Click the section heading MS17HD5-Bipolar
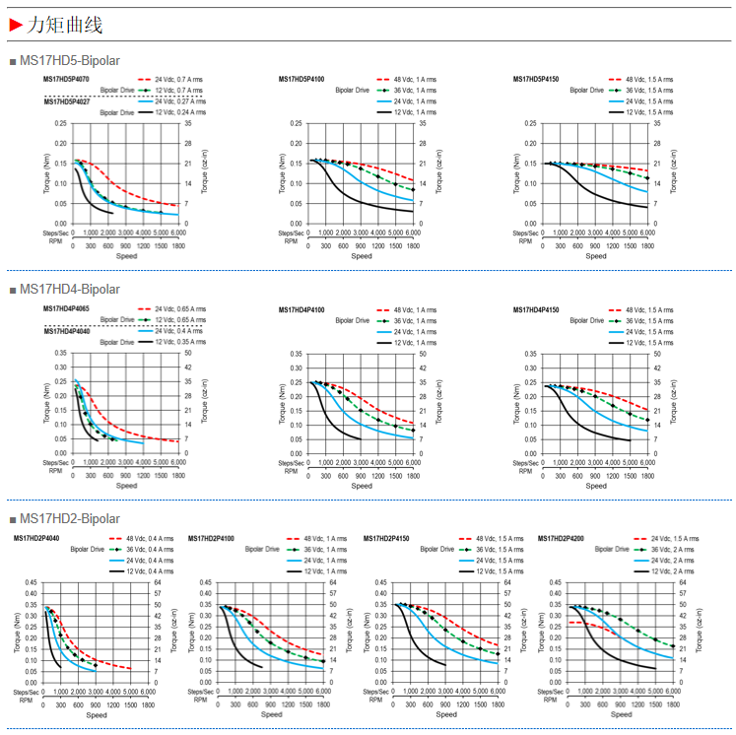[x=69, y=61]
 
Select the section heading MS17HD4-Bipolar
[x=69, y=289]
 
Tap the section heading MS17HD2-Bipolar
[x=69, y=518]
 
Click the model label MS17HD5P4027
[x=67, y=101]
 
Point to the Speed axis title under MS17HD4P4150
[x=596, y=485]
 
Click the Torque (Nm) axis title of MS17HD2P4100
[x=191, y=632]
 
